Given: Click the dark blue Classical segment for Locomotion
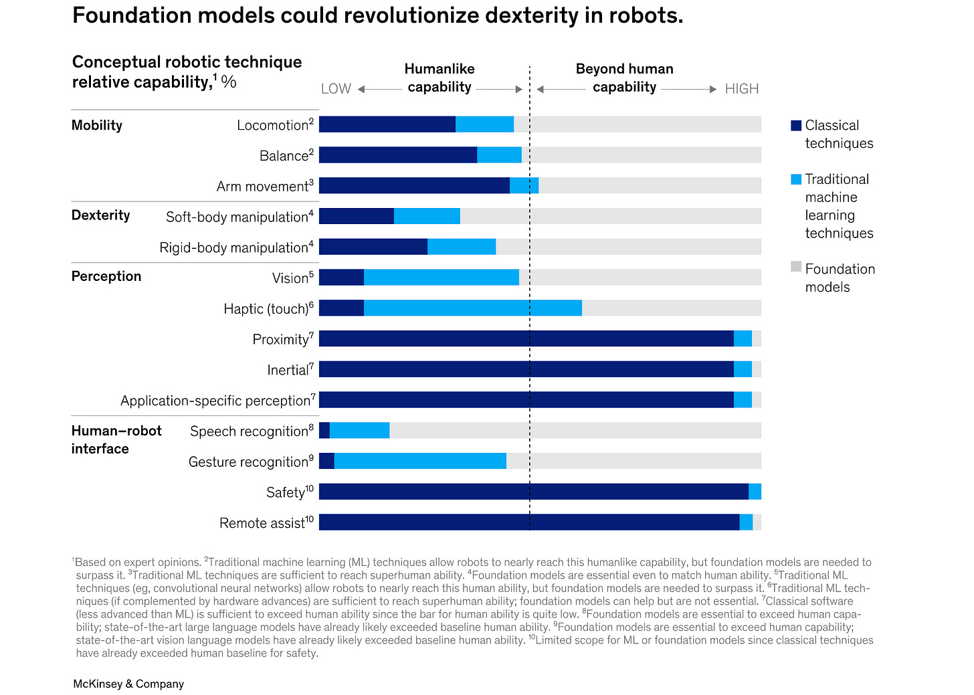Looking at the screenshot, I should (x=387, y=124).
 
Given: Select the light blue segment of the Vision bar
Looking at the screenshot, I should (x=442, y=277).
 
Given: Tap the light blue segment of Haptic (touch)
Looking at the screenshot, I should (x=472, y=308).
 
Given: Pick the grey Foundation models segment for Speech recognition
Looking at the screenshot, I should (x=575, y=430).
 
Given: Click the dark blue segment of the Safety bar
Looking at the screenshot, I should (x=533, y=492).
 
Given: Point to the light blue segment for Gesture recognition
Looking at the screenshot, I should (x=420, y=461).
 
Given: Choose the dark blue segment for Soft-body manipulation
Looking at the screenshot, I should (x=357, y=216).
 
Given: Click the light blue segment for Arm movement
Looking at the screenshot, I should (x=524, y=185).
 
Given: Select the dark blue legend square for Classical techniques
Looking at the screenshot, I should (x=796, y=126).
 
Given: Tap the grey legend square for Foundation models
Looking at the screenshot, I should (x=796, y=267).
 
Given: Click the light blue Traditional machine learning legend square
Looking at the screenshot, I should (x=796, y=179).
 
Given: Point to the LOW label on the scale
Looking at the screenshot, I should (x=336, y=89).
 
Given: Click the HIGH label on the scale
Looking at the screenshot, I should (x=742, y=89).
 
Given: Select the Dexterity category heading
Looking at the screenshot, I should (x=101, y=215).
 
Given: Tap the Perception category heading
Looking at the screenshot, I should (x=106, y=276).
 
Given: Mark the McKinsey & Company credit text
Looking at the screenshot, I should (x=128, y=684).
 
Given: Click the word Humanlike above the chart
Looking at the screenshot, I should (x=440, y=69).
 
